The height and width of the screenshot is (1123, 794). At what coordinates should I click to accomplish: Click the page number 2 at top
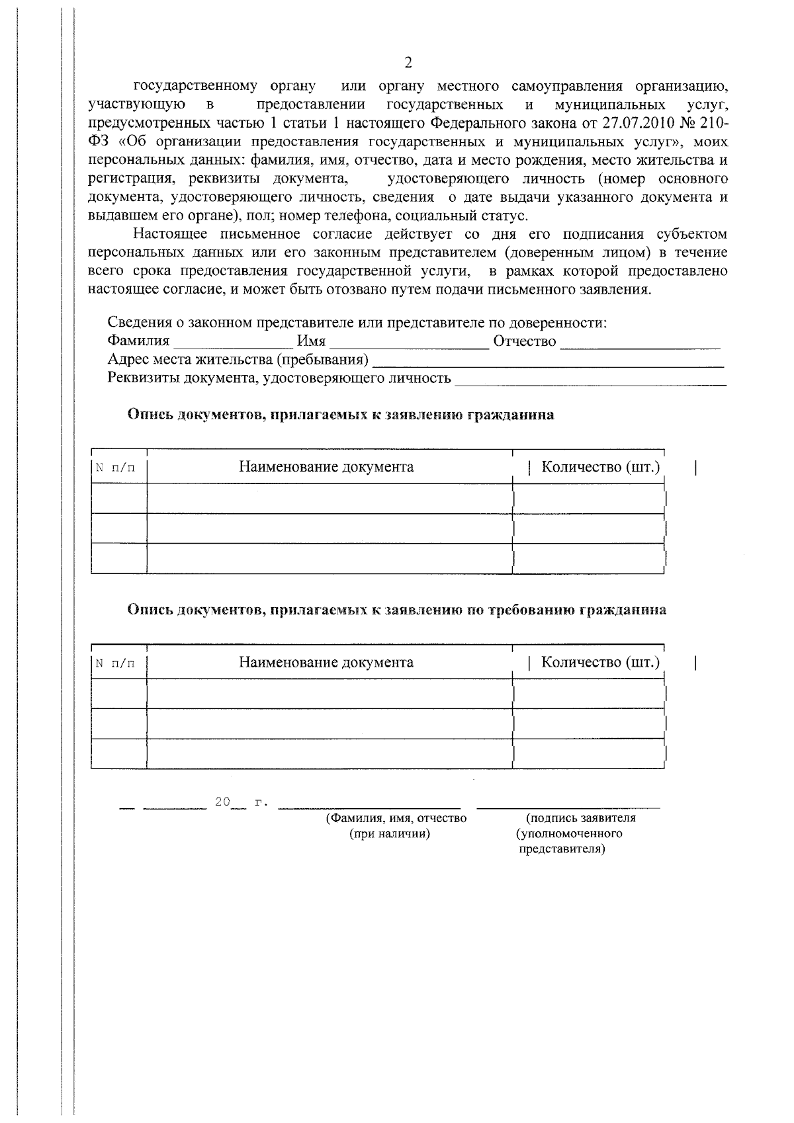(x=408, y=63)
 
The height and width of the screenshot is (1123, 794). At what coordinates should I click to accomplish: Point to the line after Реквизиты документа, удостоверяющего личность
(x=591, y=380)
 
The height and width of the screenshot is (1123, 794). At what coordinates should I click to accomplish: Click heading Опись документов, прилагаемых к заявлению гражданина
(x=341, y=415)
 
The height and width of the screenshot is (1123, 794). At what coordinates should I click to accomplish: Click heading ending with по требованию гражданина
(x=396, y=610)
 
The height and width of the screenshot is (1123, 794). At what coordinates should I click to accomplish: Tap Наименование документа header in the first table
(x=326, y=467)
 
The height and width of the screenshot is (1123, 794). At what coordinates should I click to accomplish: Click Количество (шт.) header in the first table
(x=600, y=467)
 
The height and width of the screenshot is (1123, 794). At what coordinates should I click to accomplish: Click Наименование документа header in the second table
(x=326, y=662)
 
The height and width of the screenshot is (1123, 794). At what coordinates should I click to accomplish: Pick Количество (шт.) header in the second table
(x=600, y=662)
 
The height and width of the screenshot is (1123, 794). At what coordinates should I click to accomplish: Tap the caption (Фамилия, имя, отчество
(x=396, y=818)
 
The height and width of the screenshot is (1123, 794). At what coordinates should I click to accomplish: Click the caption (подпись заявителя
(x=580, y=818)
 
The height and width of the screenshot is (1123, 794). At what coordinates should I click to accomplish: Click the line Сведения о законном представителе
(x=357, y=323)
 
